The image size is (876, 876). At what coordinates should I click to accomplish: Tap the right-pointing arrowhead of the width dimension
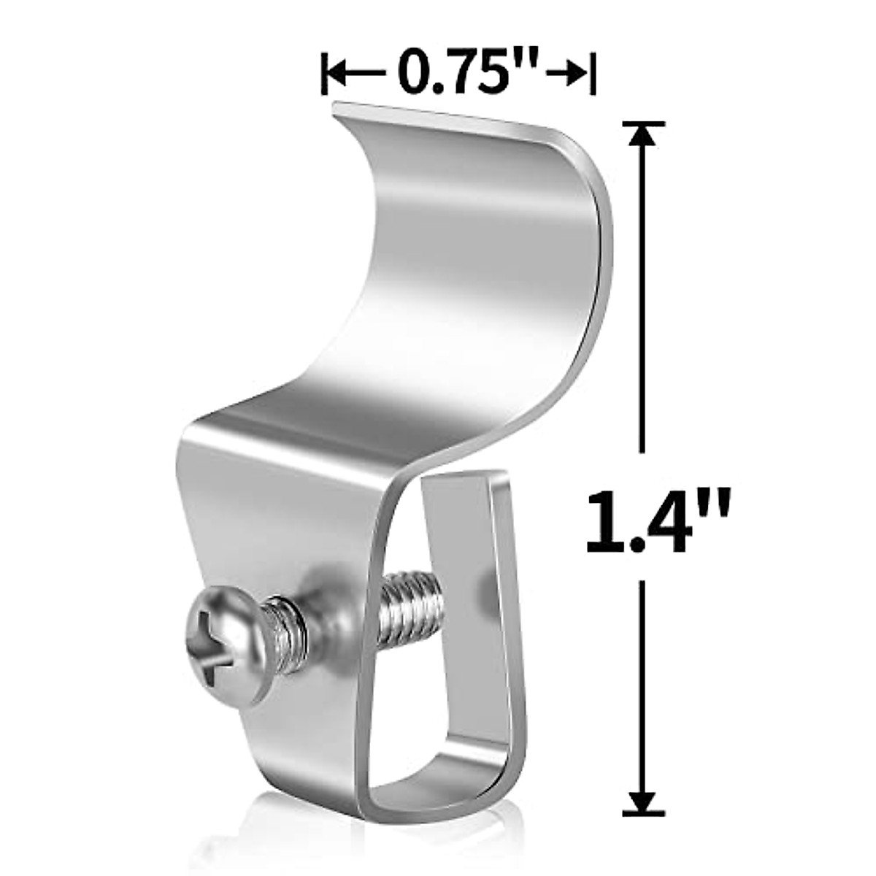578,73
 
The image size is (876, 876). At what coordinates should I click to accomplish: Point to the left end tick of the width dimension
323,73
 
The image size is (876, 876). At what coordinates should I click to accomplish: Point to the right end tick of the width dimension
593,73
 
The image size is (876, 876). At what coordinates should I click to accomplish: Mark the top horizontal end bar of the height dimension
642,124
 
